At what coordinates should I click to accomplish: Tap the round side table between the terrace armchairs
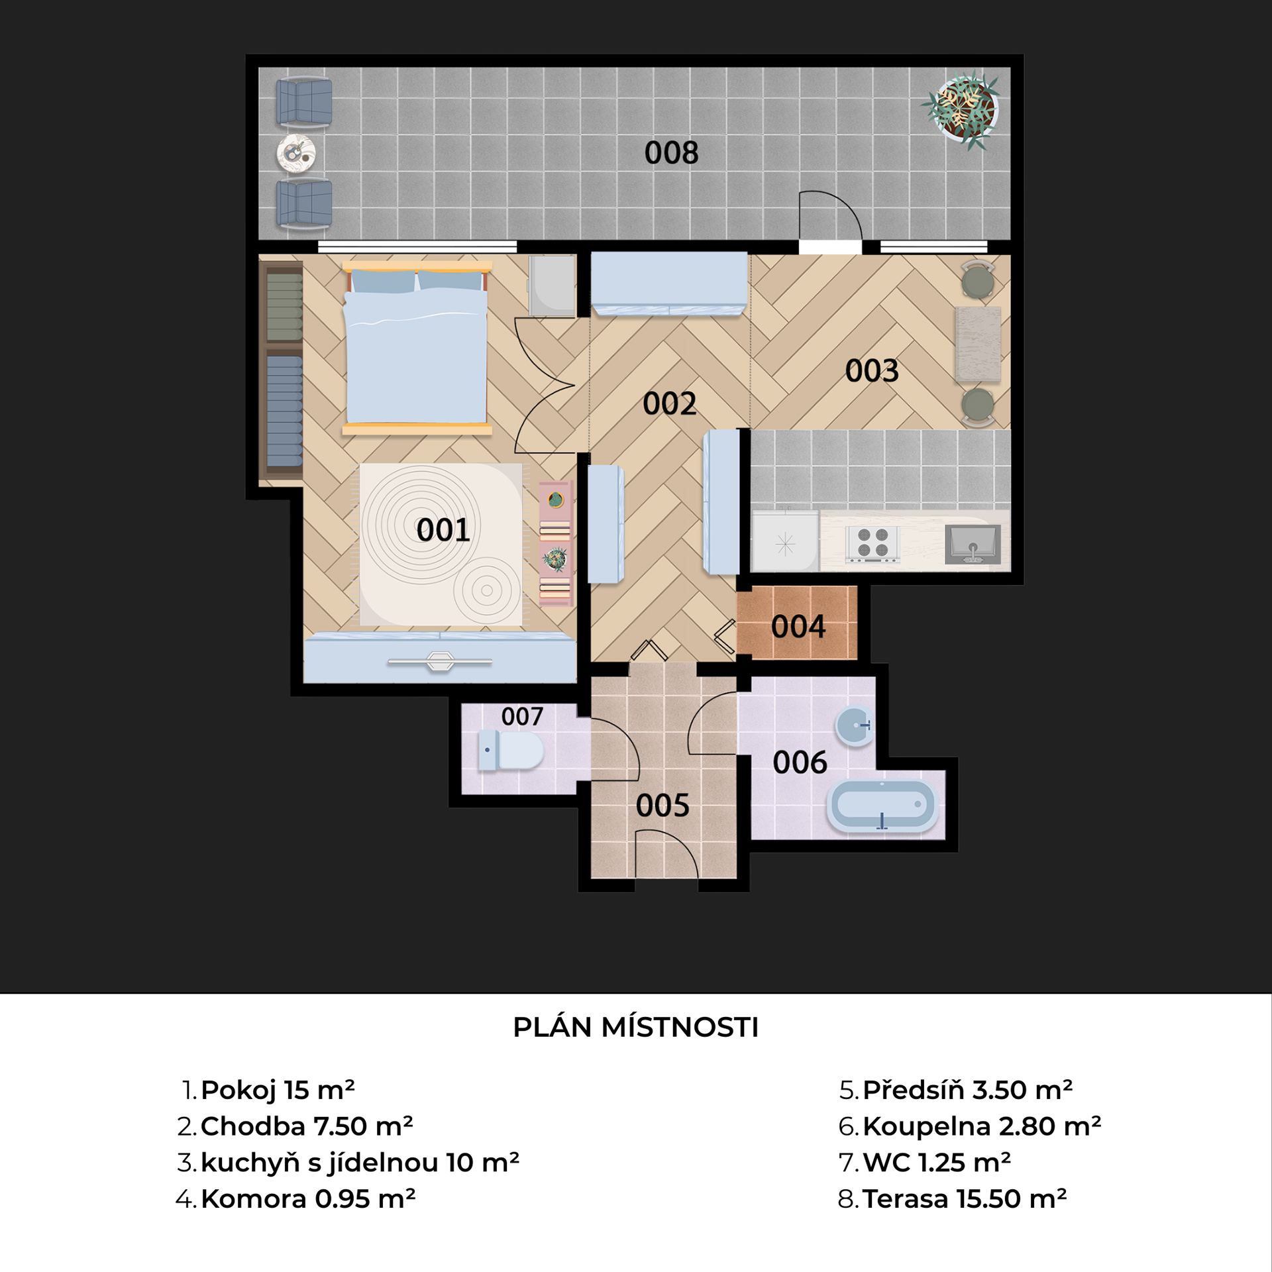(x=295, y=154)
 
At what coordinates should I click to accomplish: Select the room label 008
(x=671, y=153)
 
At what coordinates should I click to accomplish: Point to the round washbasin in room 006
(x=855, y=725)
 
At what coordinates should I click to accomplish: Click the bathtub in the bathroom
(x=882, y=805)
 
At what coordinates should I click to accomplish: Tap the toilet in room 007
(x=510, y=750)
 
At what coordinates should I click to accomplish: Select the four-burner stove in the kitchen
(x=873, y=544)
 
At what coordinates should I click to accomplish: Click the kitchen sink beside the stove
(x=973, y=544)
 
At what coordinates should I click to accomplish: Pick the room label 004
(x=798, y=627)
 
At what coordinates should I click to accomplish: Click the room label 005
(x=662, y=806)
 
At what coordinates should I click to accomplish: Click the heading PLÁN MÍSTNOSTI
(x=636, y=1028)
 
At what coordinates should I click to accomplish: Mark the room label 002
(x=669, y=403)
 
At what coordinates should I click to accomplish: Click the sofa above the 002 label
(x=669, y=284)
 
